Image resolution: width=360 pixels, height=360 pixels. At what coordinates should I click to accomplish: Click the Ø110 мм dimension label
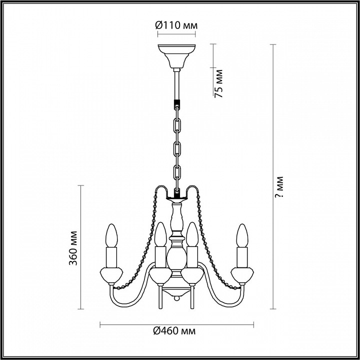[176, 25]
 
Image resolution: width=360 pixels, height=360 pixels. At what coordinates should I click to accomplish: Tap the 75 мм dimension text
[218, 83]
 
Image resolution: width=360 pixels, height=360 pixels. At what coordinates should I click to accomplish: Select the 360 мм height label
[73, 248]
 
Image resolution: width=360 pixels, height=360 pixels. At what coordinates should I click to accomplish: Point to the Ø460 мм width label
[174, 331]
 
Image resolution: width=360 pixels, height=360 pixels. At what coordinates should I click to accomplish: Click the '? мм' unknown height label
[279, 187]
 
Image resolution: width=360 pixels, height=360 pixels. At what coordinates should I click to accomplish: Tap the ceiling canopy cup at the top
[176, 56]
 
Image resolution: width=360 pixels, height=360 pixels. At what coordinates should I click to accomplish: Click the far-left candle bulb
[111, 235]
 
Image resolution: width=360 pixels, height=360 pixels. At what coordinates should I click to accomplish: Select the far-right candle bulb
[242, 235]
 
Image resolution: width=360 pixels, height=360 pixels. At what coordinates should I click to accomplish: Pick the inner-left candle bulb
[160, 234]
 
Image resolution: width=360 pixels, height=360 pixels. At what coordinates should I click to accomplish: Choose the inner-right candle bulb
[192, 234]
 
